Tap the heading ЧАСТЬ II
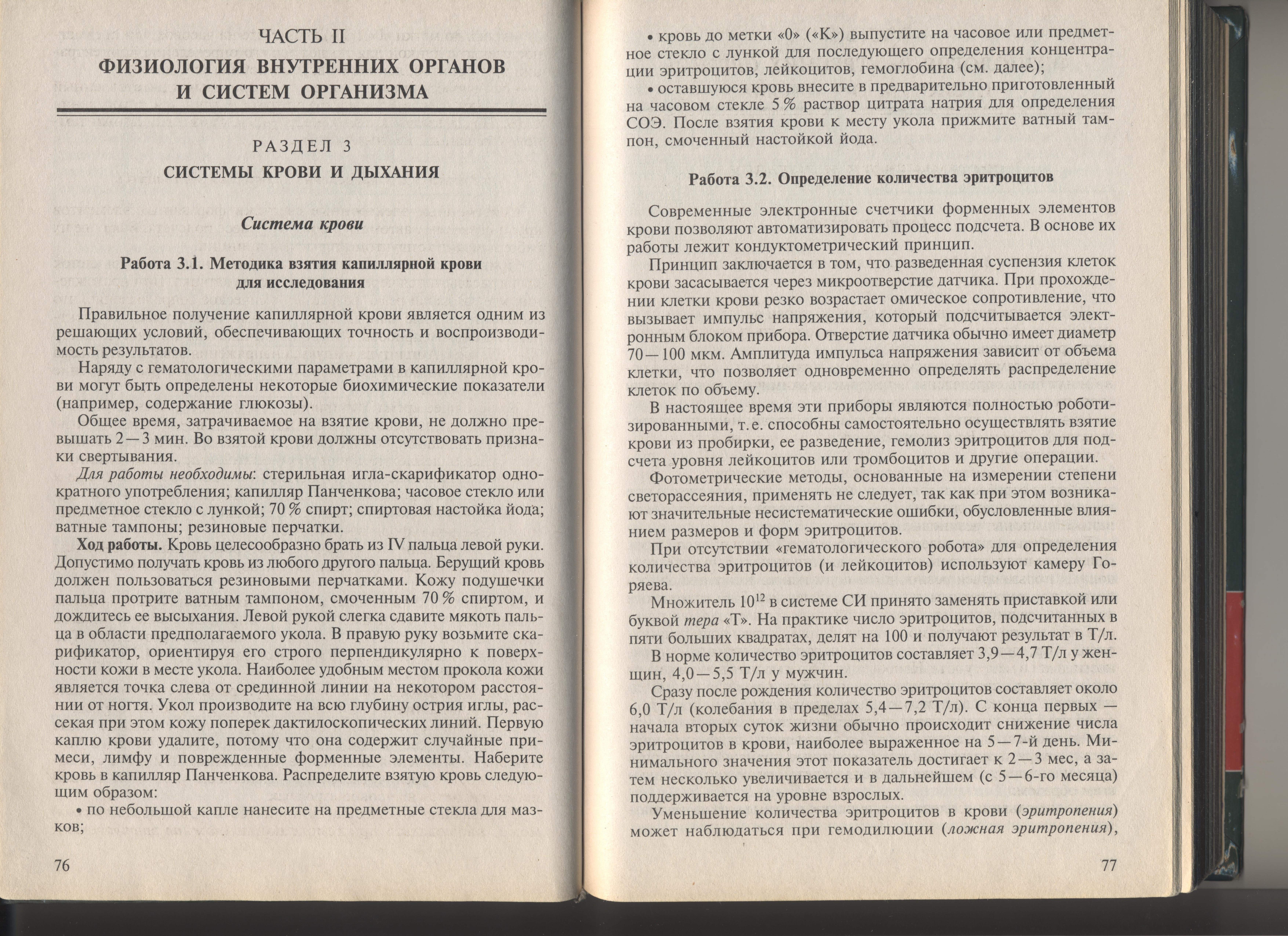[302, 37]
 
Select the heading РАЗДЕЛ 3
[302, 146]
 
